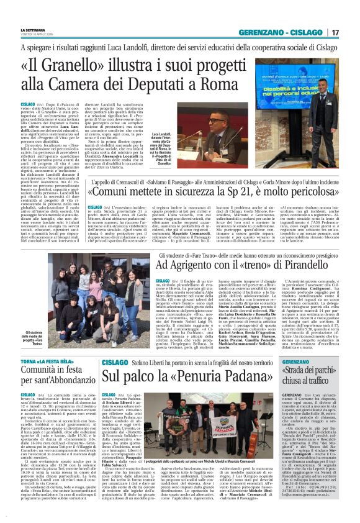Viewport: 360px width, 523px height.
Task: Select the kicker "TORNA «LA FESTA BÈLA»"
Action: (48, 343)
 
